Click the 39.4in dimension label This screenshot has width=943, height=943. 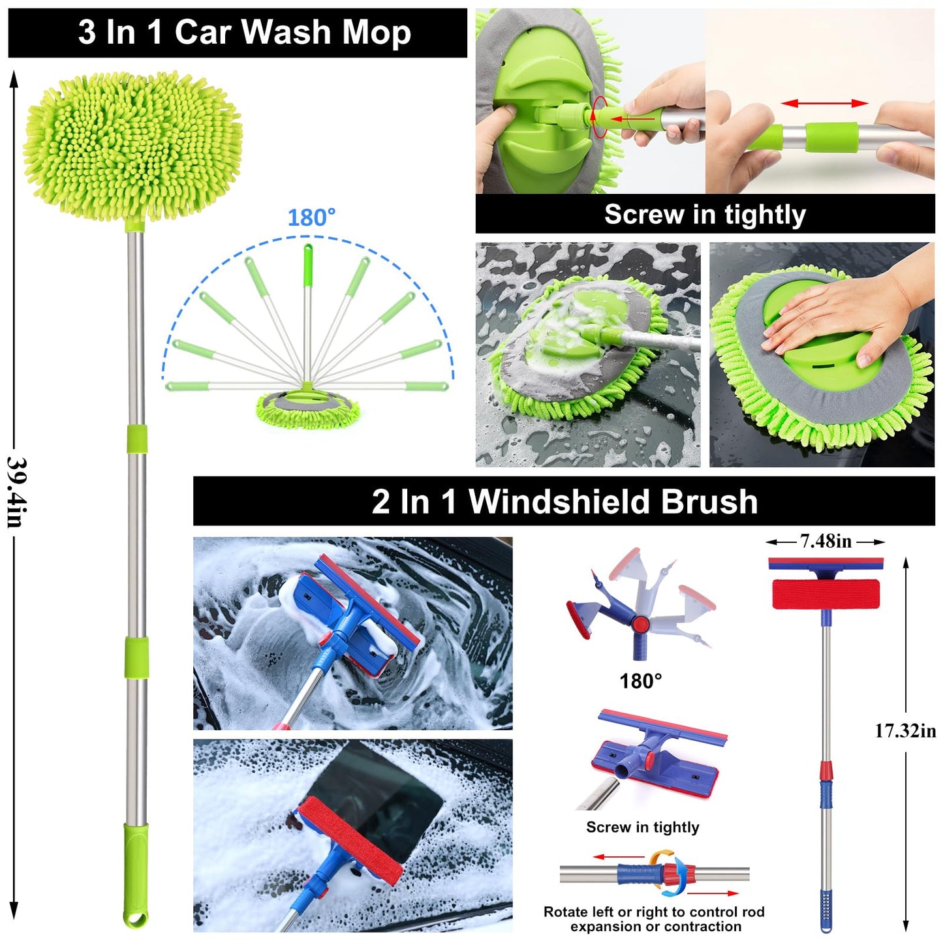click(x=16, y=492)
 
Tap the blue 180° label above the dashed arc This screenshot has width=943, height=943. click(x=312, y=218)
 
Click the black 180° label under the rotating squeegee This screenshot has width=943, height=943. click(x=641, y=681)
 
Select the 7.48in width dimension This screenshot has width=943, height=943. click(x=826, y=541)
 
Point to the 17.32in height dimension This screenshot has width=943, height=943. click(x=905, y=731)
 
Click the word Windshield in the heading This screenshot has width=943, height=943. click(x=559, y=502)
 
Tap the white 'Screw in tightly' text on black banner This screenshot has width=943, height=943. click(x=705, y=215)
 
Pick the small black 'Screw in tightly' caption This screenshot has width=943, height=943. click(x=643, y=827)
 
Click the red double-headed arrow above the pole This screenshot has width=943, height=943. click(x=825, y=103)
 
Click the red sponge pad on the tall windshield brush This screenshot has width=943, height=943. click(x=826, y=594)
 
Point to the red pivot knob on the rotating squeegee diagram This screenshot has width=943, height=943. click(x=640, y=624)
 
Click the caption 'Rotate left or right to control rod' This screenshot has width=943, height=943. click(x=654, y=912)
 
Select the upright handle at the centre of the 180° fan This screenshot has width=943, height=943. click(x=307, y=313)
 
